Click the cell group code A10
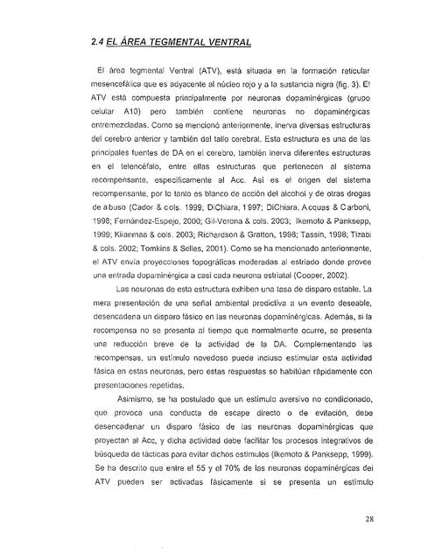[x=131, y=115]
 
